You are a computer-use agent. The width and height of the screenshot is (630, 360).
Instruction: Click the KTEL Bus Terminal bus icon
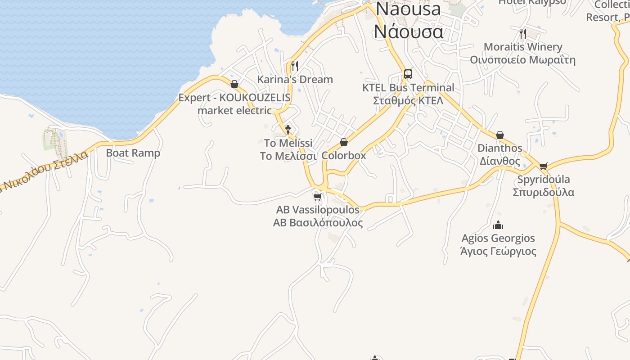408,74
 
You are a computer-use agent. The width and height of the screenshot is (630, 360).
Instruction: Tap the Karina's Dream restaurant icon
295,66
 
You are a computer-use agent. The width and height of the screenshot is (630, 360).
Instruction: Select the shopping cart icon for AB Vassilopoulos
317,197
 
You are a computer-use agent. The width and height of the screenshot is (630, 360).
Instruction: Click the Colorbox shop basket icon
344,142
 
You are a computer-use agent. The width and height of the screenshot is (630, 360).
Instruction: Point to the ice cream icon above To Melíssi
288,130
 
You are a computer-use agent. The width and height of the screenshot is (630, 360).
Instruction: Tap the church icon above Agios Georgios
498,225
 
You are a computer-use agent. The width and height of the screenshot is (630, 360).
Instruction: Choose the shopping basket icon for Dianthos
499,135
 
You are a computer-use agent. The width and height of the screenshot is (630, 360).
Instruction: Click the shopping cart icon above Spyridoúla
543,166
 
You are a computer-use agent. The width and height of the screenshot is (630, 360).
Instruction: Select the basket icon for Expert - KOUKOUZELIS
234,84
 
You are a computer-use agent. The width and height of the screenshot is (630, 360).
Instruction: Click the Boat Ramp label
133,153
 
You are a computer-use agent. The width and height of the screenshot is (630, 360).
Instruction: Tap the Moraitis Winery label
523,47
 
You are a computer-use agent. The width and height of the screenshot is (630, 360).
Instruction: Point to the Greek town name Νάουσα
409,31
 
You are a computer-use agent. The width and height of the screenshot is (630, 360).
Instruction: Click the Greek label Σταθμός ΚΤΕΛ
408,100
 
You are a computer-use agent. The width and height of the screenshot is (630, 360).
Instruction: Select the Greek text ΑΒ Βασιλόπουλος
318,223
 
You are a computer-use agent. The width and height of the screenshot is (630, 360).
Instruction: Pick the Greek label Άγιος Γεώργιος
498,251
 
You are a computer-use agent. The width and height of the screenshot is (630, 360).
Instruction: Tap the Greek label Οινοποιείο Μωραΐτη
522,60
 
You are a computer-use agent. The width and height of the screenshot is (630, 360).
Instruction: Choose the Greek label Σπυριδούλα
544,192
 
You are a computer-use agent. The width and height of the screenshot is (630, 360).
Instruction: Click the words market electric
234,110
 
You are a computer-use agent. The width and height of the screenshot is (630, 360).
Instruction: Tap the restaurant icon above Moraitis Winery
522,33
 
